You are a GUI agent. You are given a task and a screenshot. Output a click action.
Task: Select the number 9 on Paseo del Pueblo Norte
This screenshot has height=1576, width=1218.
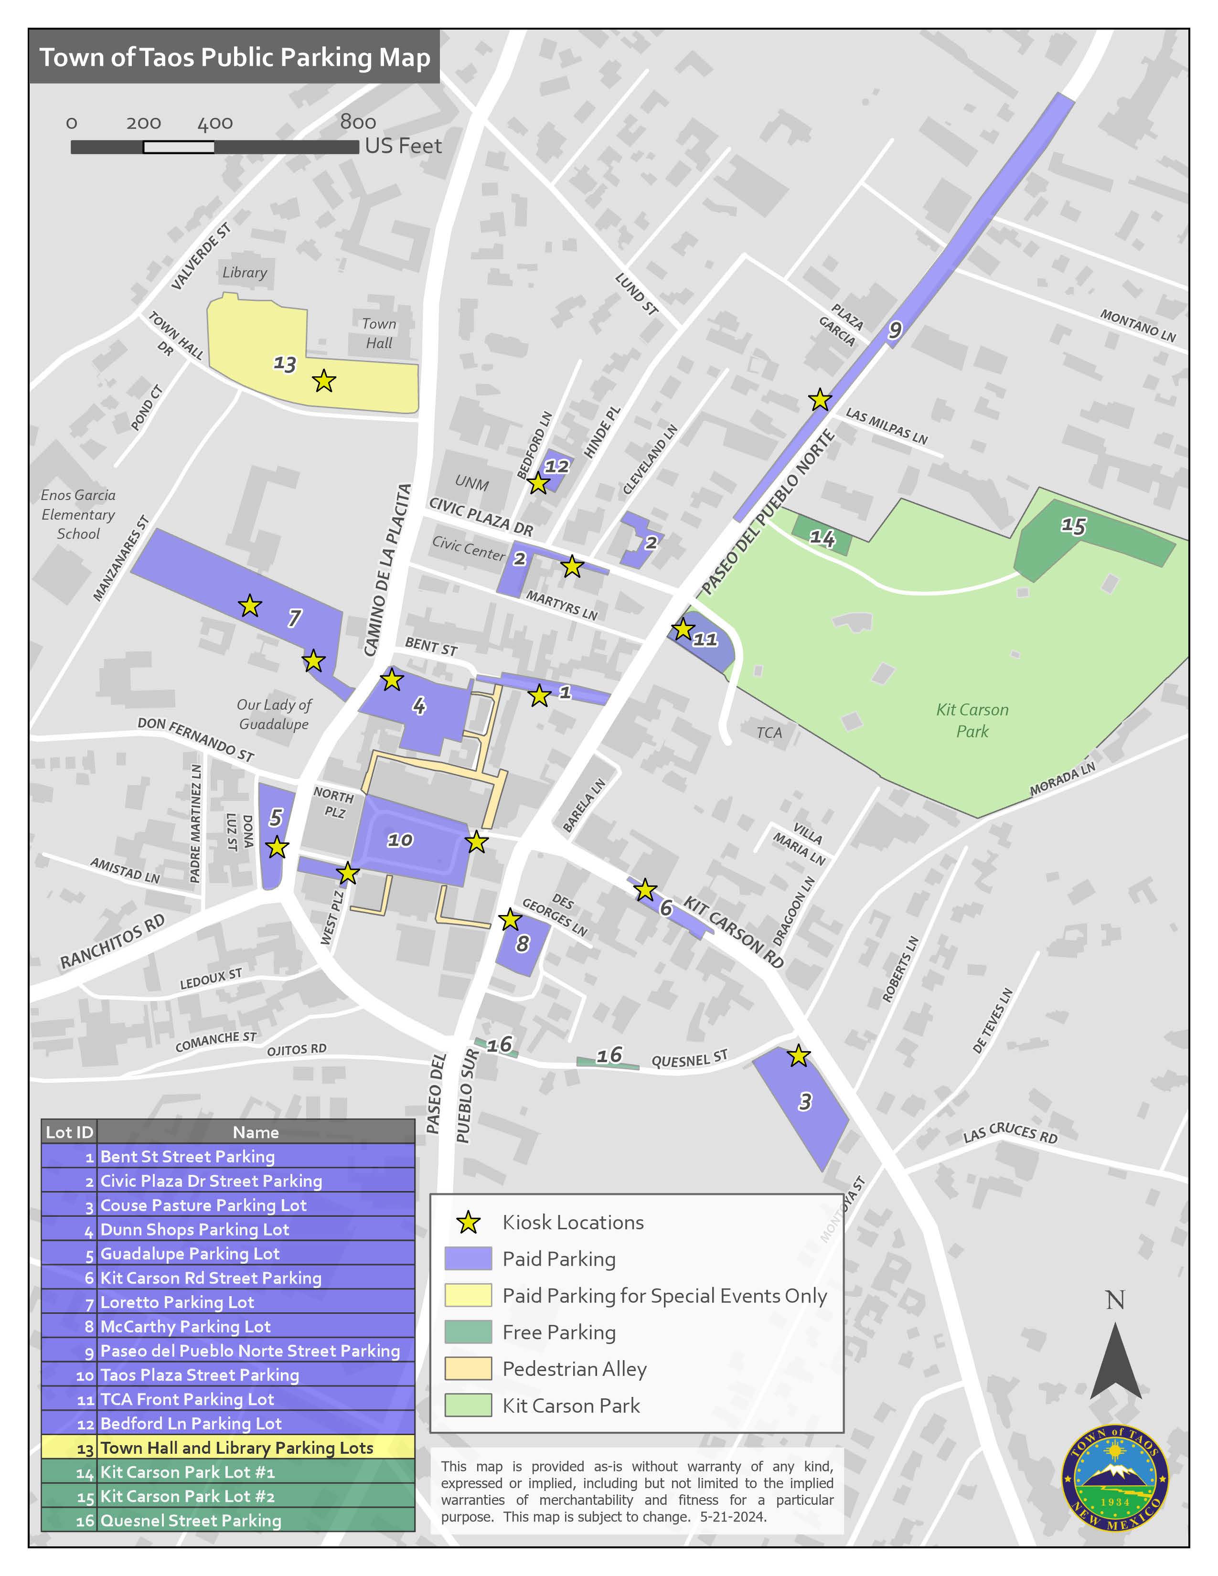(895, 330)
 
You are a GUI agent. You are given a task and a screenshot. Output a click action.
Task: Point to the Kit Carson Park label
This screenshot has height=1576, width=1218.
(972, 720)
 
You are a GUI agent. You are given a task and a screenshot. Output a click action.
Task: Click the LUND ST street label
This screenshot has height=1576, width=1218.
(636, 294)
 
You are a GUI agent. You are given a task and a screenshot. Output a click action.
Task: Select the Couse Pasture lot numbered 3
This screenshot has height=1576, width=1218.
(804, 1101)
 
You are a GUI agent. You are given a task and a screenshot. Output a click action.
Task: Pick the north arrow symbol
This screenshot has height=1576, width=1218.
(1115, 1360)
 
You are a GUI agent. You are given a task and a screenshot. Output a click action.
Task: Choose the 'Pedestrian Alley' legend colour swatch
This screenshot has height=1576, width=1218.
(468, 1368)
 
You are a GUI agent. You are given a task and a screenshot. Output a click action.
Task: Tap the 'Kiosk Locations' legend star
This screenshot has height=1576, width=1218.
(468, 1223)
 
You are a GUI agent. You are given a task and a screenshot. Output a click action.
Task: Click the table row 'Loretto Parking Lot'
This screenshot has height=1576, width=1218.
(227, 1302)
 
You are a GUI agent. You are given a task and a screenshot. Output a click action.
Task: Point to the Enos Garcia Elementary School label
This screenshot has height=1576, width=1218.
(78, 514)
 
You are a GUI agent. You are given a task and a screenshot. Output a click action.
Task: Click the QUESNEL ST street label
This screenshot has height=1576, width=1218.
(689, 1059)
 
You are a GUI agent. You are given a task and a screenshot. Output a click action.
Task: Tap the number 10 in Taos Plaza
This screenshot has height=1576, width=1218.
(400, 840)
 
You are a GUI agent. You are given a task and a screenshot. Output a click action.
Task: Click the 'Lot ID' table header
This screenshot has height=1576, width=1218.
(69, 1131)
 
